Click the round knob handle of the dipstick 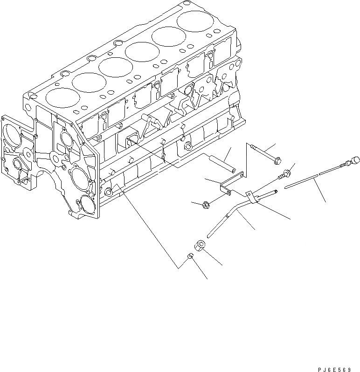point(355,161)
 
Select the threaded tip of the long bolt point(252,146)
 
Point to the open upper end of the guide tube point(277,190)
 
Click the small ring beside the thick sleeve point(191,256)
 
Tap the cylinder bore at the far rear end point(194,21)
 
